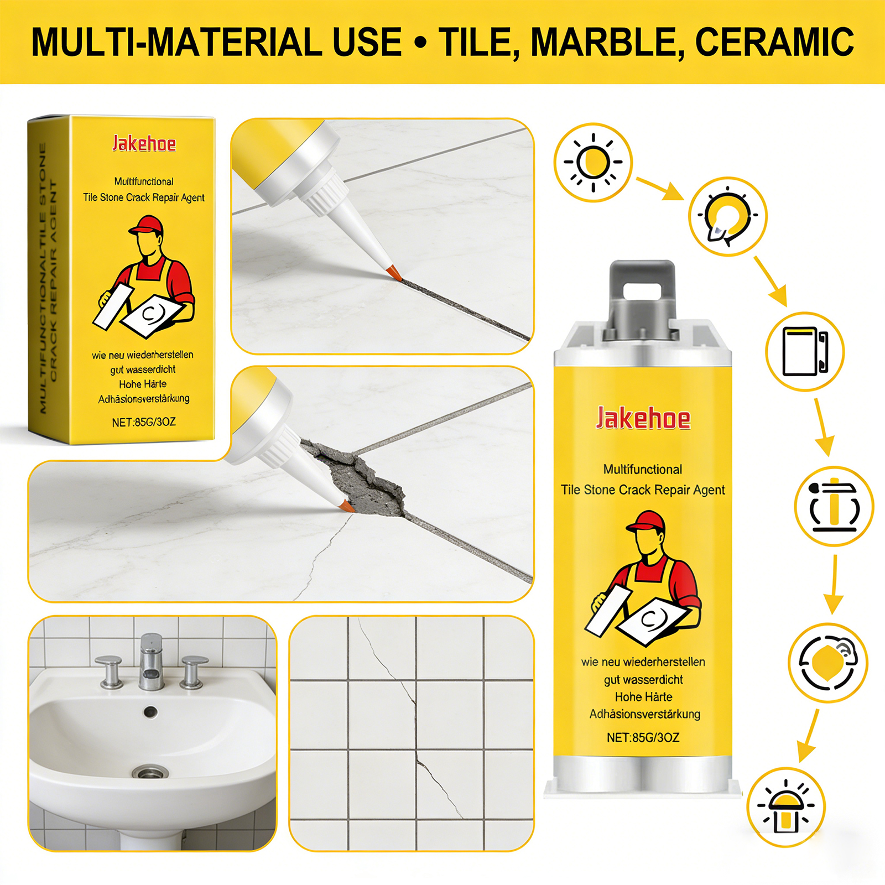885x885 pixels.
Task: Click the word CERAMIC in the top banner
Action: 774,42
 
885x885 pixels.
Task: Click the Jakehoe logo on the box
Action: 144,144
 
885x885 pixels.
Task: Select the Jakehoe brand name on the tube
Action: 643,418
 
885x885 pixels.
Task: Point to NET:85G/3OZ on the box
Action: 144,422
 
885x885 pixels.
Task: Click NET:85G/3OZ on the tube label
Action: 643,737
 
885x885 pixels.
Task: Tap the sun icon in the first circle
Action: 593,163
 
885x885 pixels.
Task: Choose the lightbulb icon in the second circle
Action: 727,216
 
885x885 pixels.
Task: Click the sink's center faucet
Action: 151,662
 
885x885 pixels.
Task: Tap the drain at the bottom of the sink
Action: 150,772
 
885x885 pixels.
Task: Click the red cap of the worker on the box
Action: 147,225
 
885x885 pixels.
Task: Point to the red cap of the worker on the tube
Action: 646,522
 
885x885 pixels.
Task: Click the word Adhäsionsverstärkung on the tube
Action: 645,714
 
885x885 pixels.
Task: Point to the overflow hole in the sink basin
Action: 150,712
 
